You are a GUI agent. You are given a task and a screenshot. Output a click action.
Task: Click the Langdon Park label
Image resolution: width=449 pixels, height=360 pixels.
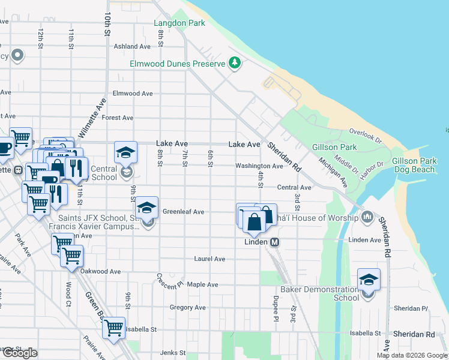click(x=179, y=23)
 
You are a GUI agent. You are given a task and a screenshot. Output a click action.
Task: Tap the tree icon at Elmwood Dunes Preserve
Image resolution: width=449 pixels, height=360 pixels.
click(x=234, y=63)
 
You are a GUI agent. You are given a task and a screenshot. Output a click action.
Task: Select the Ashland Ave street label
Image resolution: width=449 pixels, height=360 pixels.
click(x=132, y=46)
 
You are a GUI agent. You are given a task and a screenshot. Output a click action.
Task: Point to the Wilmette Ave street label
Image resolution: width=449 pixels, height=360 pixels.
click(x=92, y=118)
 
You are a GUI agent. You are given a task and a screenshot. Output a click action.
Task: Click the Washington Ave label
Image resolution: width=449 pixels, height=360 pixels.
click(x=259, y=166)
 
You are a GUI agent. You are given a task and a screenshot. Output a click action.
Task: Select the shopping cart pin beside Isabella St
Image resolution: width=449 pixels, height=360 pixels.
click(x=114, y=328)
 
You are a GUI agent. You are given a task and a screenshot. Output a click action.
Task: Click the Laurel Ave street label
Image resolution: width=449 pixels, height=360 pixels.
click(x=209, y=259)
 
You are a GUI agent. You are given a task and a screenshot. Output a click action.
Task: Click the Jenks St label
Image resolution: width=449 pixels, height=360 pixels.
click(x=174, y=353)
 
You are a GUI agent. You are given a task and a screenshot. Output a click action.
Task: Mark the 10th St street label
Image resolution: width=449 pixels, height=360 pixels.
click(x=107, y=23)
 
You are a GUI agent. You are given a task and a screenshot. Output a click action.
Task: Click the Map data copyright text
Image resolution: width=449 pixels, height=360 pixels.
click(x=412, y=355)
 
